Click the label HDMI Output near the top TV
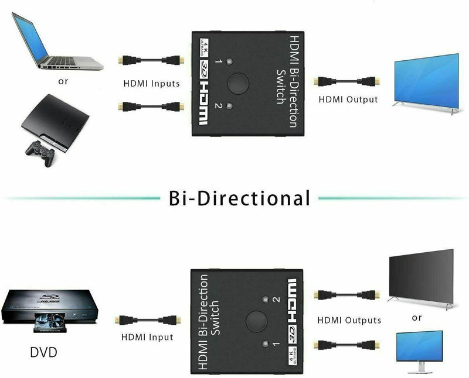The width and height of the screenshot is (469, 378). click(348, 99)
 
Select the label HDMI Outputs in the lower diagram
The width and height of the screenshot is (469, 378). click(349, 320)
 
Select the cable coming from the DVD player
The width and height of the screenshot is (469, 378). click(148, 319)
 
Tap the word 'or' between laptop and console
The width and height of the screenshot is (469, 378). click(63, 81)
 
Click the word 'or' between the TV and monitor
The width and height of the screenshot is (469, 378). click(417, 318)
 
